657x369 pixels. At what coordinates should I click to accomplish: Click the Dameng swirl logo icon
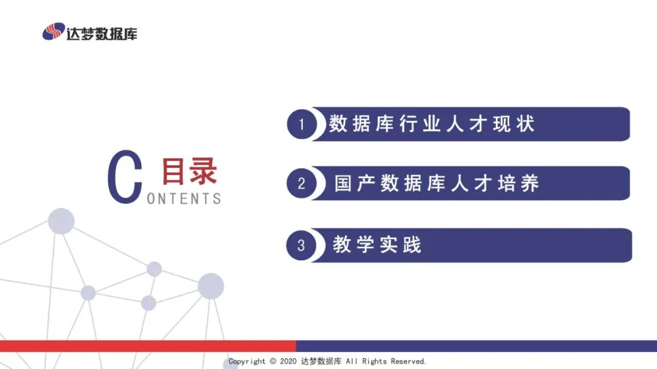[x=54, y=32]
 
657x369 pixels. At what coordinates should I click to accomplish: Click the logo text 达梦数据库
[x=102, y=33]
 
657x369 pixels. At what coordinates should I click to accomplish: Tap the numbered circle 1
[x=302, y=125]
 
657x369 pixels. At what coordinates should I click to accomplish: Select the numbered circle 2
[x=302, y=183]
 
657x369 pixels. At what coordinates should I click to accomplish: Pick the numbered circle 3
[x=302, y=245]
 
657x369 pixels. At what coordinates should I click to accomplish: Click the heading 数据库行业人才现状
[x=431, y=124]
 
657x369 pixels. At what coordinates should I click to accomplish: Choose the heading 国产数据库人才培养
[x=437, y=183]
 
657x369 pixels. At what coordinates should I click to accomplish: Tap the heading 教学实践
[x=377, y=245]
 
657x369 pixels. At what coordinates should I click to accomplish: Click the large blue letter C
[x=125, y=177]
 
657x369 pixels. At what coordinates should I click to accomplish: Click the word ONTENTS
[x=184, y=199]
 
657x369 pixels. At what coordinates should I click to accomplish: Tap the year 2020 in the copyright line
[x=288, y=362]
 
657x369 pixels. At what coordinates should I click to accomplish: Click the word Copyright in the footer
[x=247, y=362]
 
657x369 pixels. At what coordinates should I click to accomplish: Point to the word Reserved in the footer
[x=408, y=362]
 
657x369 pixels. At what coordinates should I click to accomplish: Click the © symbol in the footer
[x=273, y=362]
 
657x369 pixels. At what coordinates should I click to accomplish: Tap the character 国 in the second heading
[x=344, y=183]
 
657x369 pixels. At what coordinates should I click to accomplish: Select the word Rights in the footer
[x=375, y=362]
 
